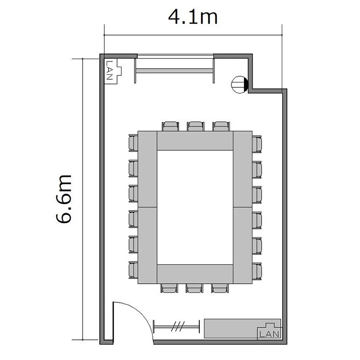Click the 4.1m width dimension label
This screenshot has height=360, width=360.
pos(192,17)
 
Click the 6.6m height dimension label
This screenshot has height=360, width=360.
pos(64,199)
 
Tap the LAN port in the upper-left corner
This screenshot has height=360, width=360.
pos(113,71)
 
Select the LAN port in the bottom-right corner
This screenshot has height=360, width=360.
pos(269,331)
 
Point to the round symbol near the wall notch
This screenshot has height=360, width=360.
pos(240,84)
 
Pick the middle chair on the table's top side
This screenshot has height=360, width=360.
pos(196,127)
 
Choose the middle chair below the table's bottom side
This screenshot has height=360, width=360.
pos(194,288)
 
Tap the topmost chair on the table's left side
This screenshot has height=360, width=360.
pos(133,143)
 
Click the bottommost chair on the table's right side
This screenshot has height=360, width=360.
pos(257,271)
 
